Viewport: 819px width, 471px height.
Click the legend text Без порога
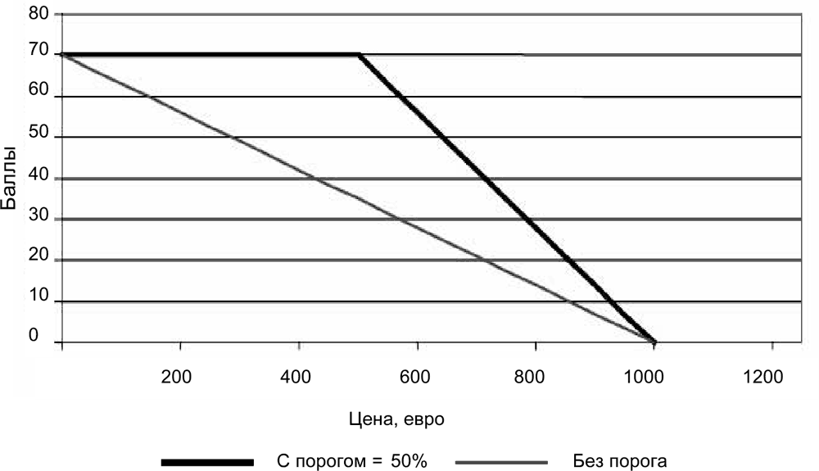click(622, 461)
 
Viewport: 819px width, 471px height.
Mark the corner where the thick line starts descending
click(360, 55)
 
